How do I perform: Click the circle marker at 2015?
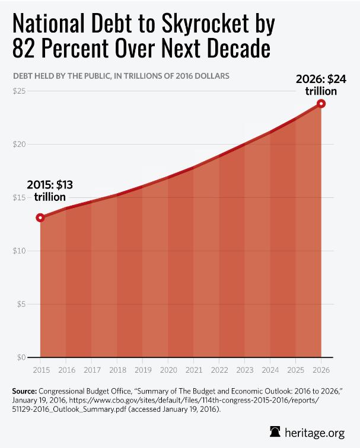click(x=40, y=217)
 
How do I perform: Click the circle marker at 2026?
click(x=321, y=104)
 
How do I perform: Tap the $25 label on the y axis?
click(x=20, y=91)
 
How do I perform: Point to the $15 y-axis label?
click(x=20, y=197)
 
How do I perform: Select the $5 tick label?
click(x=21, y=304)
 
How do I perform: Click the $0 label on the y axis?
click(x=21, y=357)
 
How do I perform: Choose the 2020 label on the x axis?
click(x=168, y=370)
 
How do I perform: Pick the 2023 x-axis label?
click(x=244, y=370)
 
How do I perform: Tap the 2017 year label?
click(x=91, y=370)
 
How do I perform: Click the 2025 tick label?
click(x=295, y=370)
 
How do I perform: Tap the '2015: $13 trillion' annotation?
click(x=46, y=190)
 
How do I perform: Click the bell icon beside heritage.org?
click(x=275, y=431)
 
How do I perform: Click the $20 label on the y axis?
click(x=20, y=144)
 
